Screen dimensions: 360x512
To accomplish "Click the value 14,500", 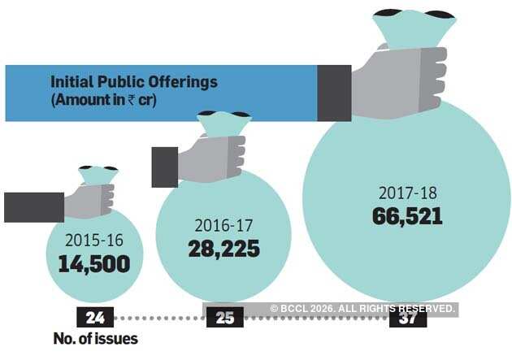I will click(x=93, y=264).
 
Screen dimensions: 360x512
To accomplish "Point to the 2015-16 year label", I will click(x=93, y=241).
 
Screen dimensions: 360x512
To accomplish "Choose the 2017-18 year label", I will click(x=407, y=193).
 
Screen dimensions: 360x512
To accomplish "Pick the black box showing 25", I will click(x=225, y=317).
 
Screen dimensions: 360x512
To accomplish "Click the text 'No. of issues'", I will click(x=95, y=338).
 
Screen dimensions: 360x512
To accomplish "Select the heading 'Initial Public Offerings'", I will click(x=134, y=82).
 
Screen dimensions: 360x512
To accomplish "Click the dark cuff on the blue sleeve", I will click(x=333, y=93).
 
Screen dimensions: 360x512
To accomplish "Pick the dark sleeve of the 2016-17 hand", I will click(x=165, y=167).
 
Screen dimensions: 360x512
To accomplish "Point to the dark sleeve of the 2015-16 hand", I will click(x=33, y=206).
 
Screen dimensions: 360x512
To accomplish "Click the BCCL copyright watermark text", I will click(x=362, y=309).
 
